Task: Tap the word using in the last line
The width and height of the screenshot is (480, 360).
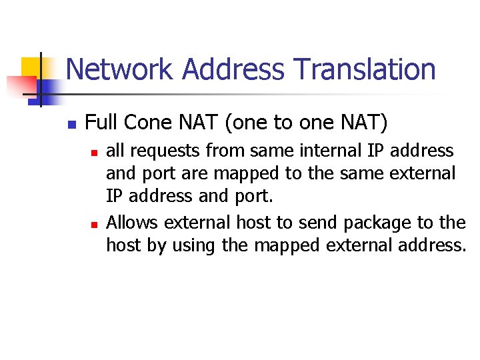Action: click(x=193, y=246)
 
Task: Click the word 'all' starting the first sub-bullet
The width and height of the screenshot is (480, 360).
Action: click(x=115, y=151)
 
